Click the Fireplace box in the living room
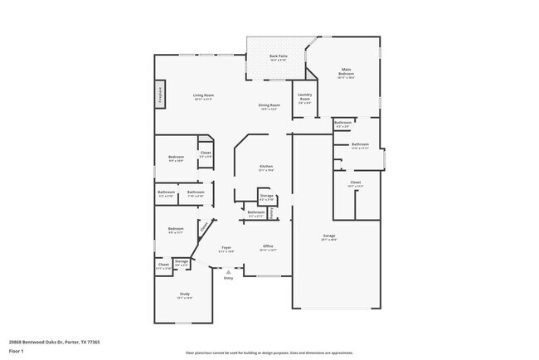point(160,94)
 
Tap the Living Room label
point(204,96)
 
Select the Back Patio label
point(278,56)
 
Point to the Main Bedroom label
point(346,72)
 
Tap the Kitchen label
point(265,167)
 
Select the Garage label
point(328,236)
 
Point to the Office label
point(268,246)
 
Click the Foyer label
point(226,247)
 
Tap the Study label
point(185,294)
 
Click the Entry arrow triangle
point(229,270)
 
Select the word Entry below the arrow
point(229,278)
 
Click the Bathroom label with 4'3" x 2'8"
point(343,123)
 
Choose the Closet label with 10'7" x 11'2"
point(355,182)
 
